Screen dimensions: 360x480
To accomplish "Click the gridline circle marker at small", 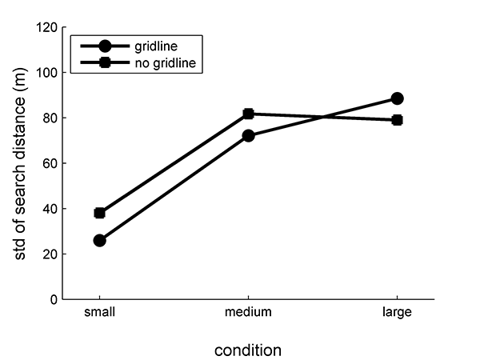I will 100,240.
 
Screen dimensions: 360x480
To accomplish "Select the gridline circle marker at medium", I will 249,136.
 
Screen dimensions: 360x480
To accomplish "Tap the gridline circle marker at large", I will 398,98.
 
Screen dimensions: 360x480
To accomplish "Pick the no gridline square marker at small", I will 100,213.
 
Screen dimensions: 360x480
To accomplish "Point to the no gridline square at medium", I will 249,114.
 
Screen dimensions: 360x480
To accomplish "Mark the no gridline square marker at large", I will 398,120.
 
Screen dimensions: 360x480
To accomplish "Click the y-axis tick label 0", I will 53,300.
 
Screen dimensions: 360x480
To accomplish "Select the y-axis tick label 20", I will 50,254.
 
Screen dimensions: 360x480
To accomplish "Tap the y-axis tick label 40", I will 50,209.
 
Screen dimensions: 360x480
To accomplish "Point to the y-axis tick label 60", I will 50,163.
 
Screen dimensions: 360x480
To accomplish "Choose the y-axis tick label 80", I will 50,118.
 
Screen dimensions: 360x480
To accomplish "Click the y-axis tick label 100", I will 46,73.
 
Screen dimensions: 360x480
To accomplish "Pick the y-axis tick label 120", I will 46,27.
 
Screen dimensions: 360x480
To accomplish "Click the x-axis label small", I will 100,313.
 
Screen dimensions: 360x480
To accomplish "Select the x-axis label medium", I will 249,313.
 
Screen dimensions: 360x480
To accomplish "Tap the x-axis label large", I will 398,313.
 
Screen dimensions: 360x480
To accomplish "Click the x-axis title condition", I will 248,350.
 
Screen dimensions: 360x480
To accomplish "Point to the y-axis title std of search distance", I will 22,164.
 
